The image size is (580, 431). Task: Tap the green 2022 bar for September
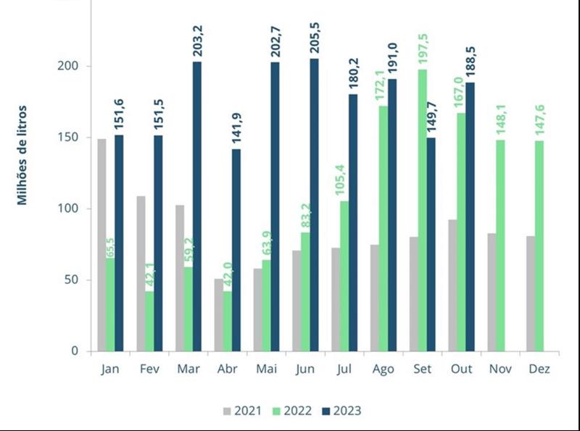pyautogui.click(x=422, y=210)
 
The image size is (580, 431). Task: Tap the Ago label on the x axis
pyautogui.click(x=383, y=369)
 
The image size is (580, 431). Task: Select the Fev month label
pyautogui.click(x=149, y=369)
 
